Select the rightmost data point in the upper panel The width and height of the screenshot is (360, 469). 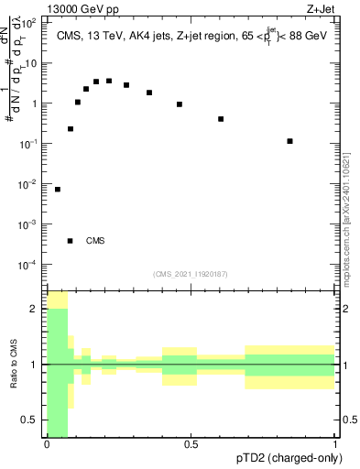tap(289, 141)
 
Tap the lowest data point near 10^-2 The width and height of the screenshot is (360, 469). tap(58, 190)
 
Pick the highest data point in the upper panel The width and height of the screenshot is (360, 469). tap(109, 81)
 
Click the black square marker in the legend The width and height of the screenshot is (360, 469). tap(70, 241)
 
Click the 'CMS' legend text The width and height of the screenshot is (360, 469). tap(95, 241)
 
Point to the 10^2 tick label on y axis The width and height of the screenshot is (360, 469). tap(31, 23)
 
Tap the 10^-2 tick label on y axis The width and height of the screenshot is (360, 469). tap(30, 184)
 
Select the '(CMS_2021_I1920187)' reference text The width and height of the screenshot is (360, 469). tap(191, 274)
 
